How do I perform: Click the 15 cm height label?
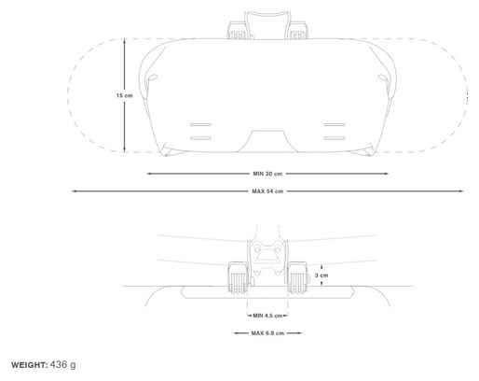point(125,95)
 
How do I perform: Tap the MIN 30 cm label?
point(267,174)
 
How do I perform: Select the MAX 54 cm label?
point(267,191)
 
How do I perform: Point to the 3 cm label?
point(322,275)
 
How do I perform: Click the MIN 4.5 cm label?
point(267,316)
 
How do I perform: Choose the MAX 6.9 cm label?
point(267,333)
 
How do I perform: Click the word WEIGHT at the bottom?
point(30,365)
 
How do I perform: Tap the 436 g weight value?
point(62,364)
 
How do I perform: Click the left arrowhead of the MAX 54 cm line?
point(74,191)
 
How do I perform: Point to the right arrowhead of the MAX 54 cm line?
point(461,191)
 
